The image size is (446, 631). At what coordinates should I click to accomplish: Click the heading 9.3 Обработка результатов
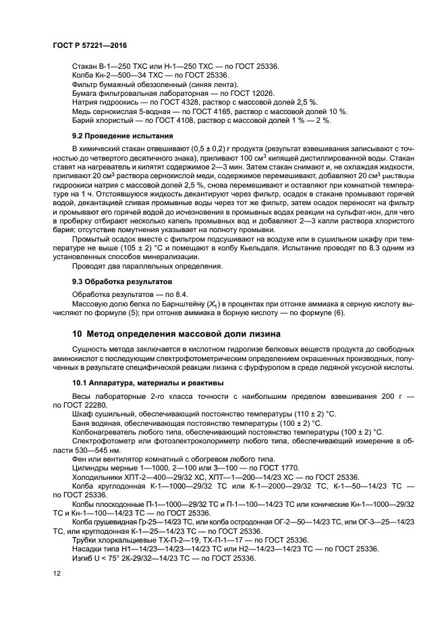[x=118, y=280]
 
